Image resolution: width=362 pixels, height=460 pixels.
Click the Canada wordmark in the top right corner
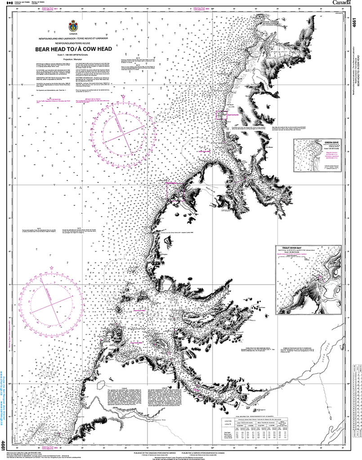click(x=342, y=3)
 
